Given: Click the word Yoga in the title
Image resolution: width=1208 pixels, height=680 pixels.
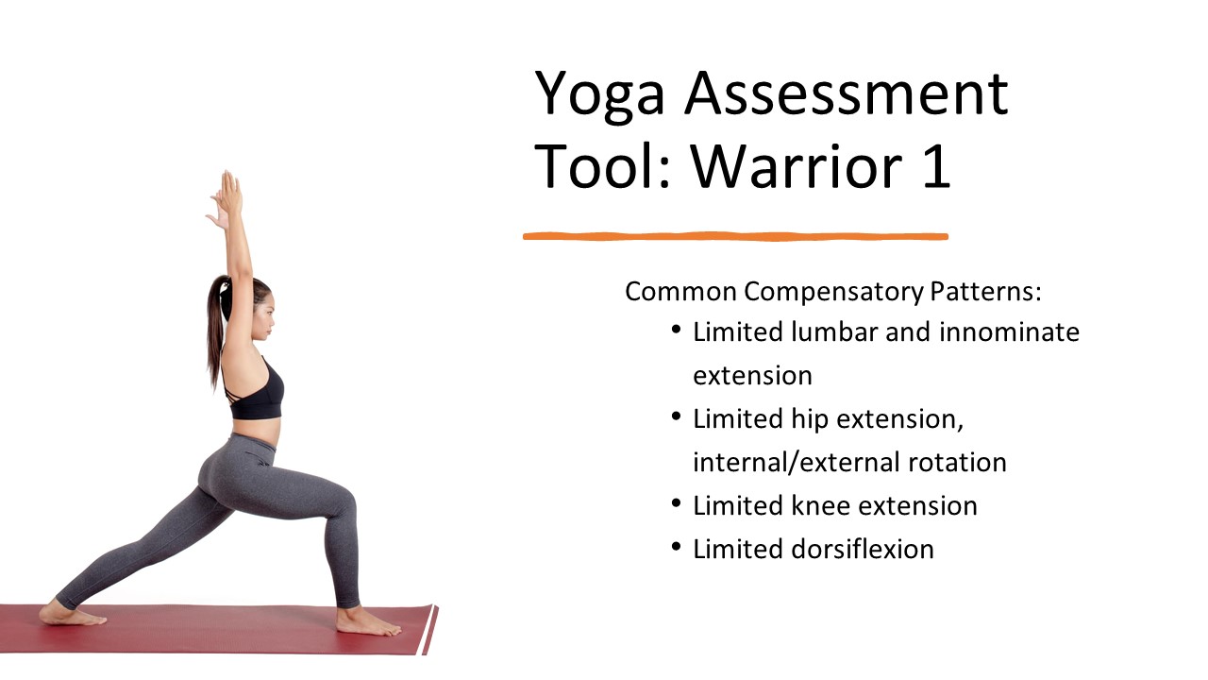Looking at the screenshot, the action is click(x=599, y=95).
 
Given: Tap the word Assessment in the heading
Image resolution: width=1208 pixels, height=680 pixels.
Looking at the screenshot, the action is click(x=847, y=93).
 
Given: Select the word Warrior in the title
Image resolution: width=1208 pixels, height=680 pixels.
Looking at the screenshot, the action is click(x=797, y=166).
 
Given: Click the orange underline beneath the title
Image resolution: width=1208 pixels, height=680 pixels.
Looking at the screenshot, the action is click(x=735, y=236).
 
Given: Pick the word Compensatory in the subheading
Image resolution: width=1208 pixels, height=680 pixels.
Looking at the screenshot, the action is click(x=833, y=292).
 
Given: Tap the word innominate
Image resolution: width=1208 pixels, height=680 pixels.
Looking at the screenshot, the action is click(x=1009, y=331).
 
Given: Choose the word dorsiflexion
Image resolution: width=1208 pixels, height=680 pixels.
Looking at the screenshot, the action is click(x=863, y=550).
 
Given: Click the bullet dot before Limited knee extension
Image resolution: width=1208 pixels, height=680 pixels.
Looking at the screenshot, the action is click(x=677, y=504).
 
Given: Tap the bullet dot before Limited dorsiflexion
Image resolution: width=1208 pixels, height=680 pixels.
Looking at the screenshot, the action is click(x=677, y=547).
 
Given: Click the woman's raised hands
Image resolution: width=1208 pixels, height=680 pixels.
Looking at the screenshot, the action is click(x=226, y=198).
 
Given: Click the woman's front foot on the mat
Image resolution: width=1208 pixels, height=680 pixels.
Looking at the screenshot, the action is click(x=367, y=622).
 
